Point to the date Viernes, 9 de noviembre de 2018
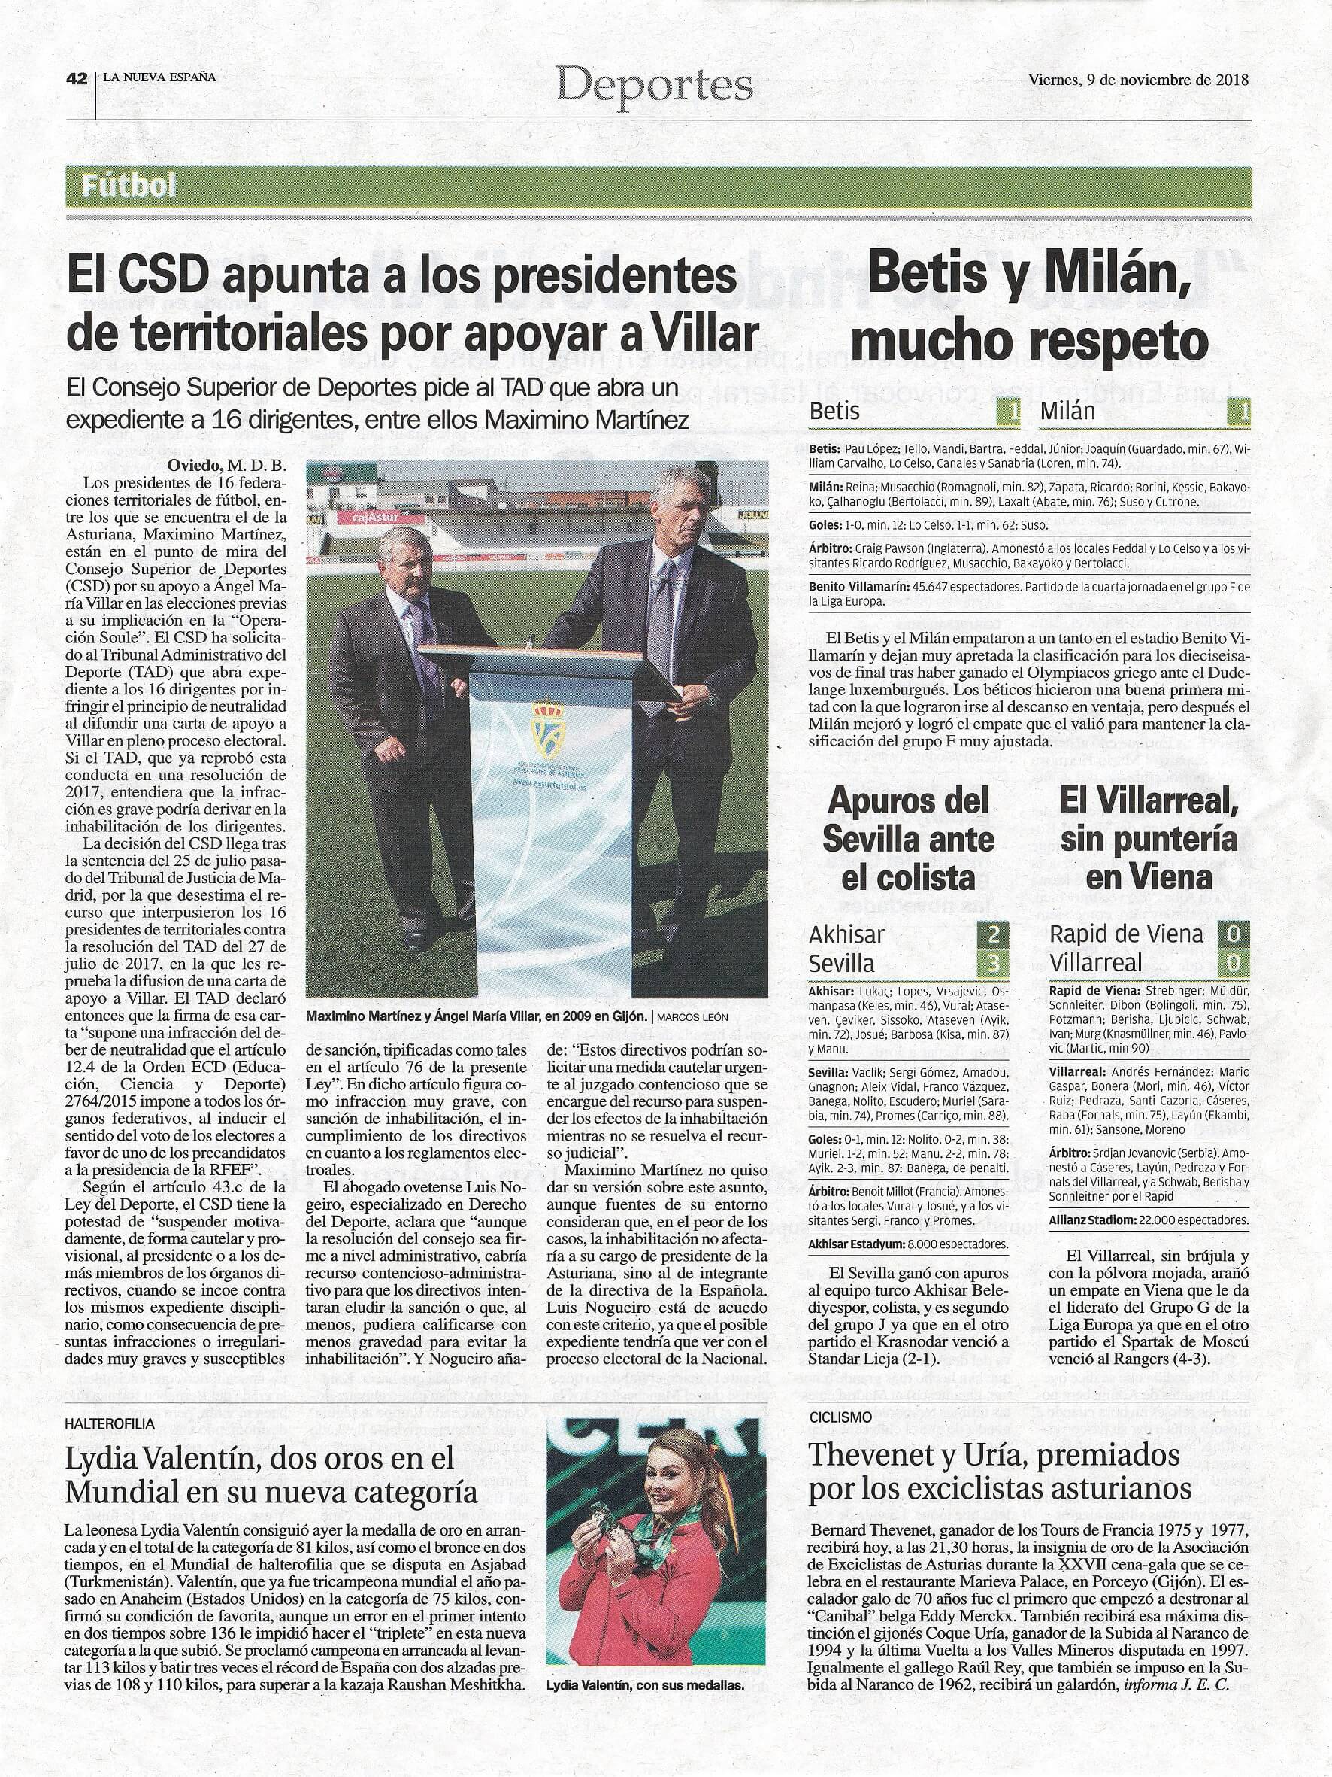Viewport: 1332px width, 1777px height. (1138, 80)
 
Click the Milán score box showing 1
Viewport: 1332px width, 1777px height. (1239, 412)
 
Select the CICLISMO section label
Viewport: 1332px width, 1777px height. (840, 1418)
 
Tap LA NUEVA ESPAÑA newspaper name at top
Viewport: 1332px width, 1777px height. (158, 78)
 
